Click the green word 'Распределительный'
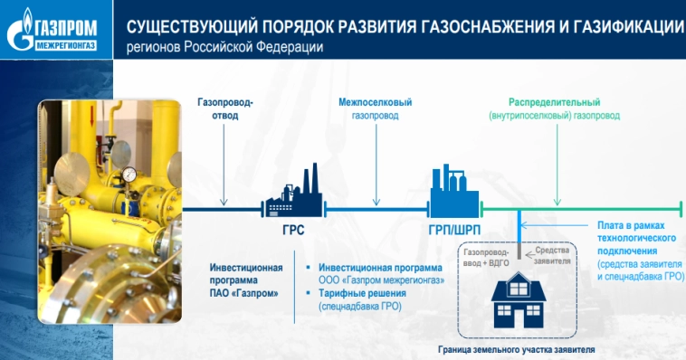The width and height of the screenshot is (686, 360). click(x=554, y=103)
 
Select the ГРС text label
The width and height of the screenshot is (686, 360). click(x=292, y=231)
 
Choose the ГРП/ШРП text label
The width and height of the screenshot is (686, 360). click(x=453, y=231)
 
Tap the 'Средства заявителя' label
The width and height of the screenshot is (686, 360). click(x=553, y=255)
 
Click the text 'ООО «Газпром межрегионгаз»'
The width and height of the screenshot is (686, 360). click(x=380, y=280)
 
